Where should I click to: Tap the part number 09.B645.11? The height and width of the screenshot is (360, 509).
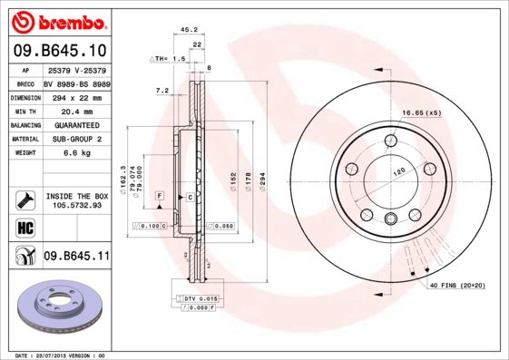(x=76, y=257)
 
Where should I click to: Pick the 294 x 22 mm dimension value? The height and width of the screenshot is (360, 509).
(x=74, y=95)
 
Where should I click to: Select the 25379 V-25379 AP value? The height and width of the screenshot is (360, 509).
(x=76, y=69)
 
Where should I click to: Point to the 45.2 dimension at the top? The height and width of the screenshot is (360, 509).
(x=190, y=29)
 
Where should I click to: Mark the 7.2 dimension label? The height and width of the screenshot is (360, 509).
(x=162, y=90)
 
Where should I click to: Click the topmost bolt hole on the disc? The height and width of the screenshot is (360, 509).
(x=390, y=141)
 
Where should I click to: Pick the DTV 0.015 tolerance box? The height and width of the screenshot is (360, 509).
(x=201, y=298)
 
